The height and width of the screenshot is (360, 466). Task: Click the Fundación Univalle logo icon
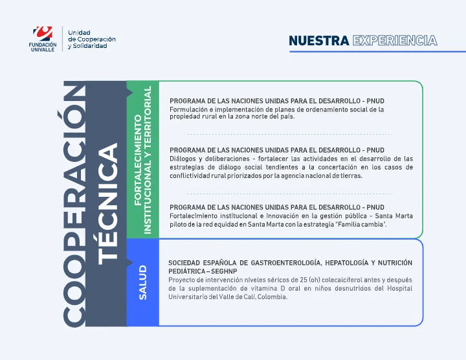click(x=43, y=33)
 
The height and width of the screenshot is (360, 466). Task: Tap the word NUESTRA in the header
click(x=319, y=41)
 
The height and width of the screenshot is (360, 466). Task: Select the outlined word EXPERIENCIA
click(x=395, y=41)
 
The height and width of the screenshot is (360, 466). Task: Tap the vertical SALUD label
click(x=143, y=282)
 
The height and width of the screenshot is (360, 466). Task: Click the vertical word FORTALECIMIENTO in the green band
click(x=138, y=160)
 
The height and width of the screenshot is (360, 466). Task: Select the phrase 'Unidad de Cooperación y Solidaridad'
click(x=91, y=39)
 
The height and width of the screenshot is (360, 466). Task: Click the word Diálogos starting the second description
click(x=184, y=159)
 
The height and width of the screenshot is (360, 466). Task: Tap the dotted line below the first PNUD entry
click(x=290, y=133)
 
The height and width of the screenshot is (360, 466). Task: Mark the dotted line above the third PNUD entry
click(x=290, y=193)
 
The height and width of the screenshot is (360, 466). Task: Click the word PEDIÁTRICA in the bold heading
click(x=185, y=271)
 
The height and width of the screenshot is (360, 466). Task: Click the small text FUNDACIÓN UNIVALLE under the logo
click(x=43, y=47)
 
